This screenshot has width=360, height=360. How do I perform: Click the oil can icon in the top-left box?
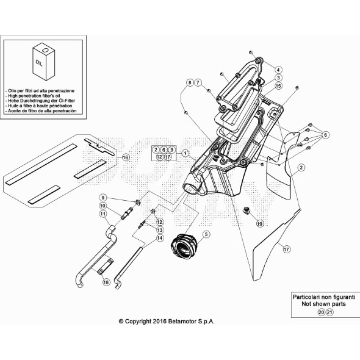pos(43,62)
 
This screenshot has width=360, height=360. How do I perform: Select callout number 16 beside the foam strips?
pos(126,157)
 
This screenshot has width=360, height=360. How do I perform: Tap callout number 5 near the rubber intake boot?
pos(206,234)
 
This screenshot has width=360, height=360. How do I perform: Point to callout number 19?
pos(259,224)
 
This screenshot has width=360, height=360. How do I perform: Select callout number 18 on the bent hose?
pos(106,282)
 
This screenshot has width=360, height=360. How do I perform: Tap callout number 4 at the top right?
pos(278,70)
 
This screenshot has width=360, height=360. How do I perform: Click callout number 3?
pos(278,78)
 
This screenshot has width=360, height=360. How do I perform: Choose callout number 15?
pos(278,87)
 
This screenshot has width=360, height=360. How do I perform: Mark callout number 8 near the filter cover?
pos(190,82)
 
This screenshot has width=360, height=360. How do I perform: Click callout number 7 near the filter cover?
pos(198,82)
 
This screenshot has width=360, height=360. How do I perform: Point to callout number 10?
pos(103,206)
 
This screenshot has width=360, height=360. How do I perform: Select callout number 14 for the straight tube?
pos(160,238)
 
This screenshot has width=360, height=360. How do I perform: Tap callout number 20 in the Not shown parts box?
pos(322,312)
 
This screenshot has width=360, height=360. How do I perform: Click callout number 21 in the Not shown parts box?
pos(330,312)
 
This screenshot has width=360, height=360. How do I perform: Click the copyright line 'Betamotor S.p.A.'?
pos(167,321)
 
